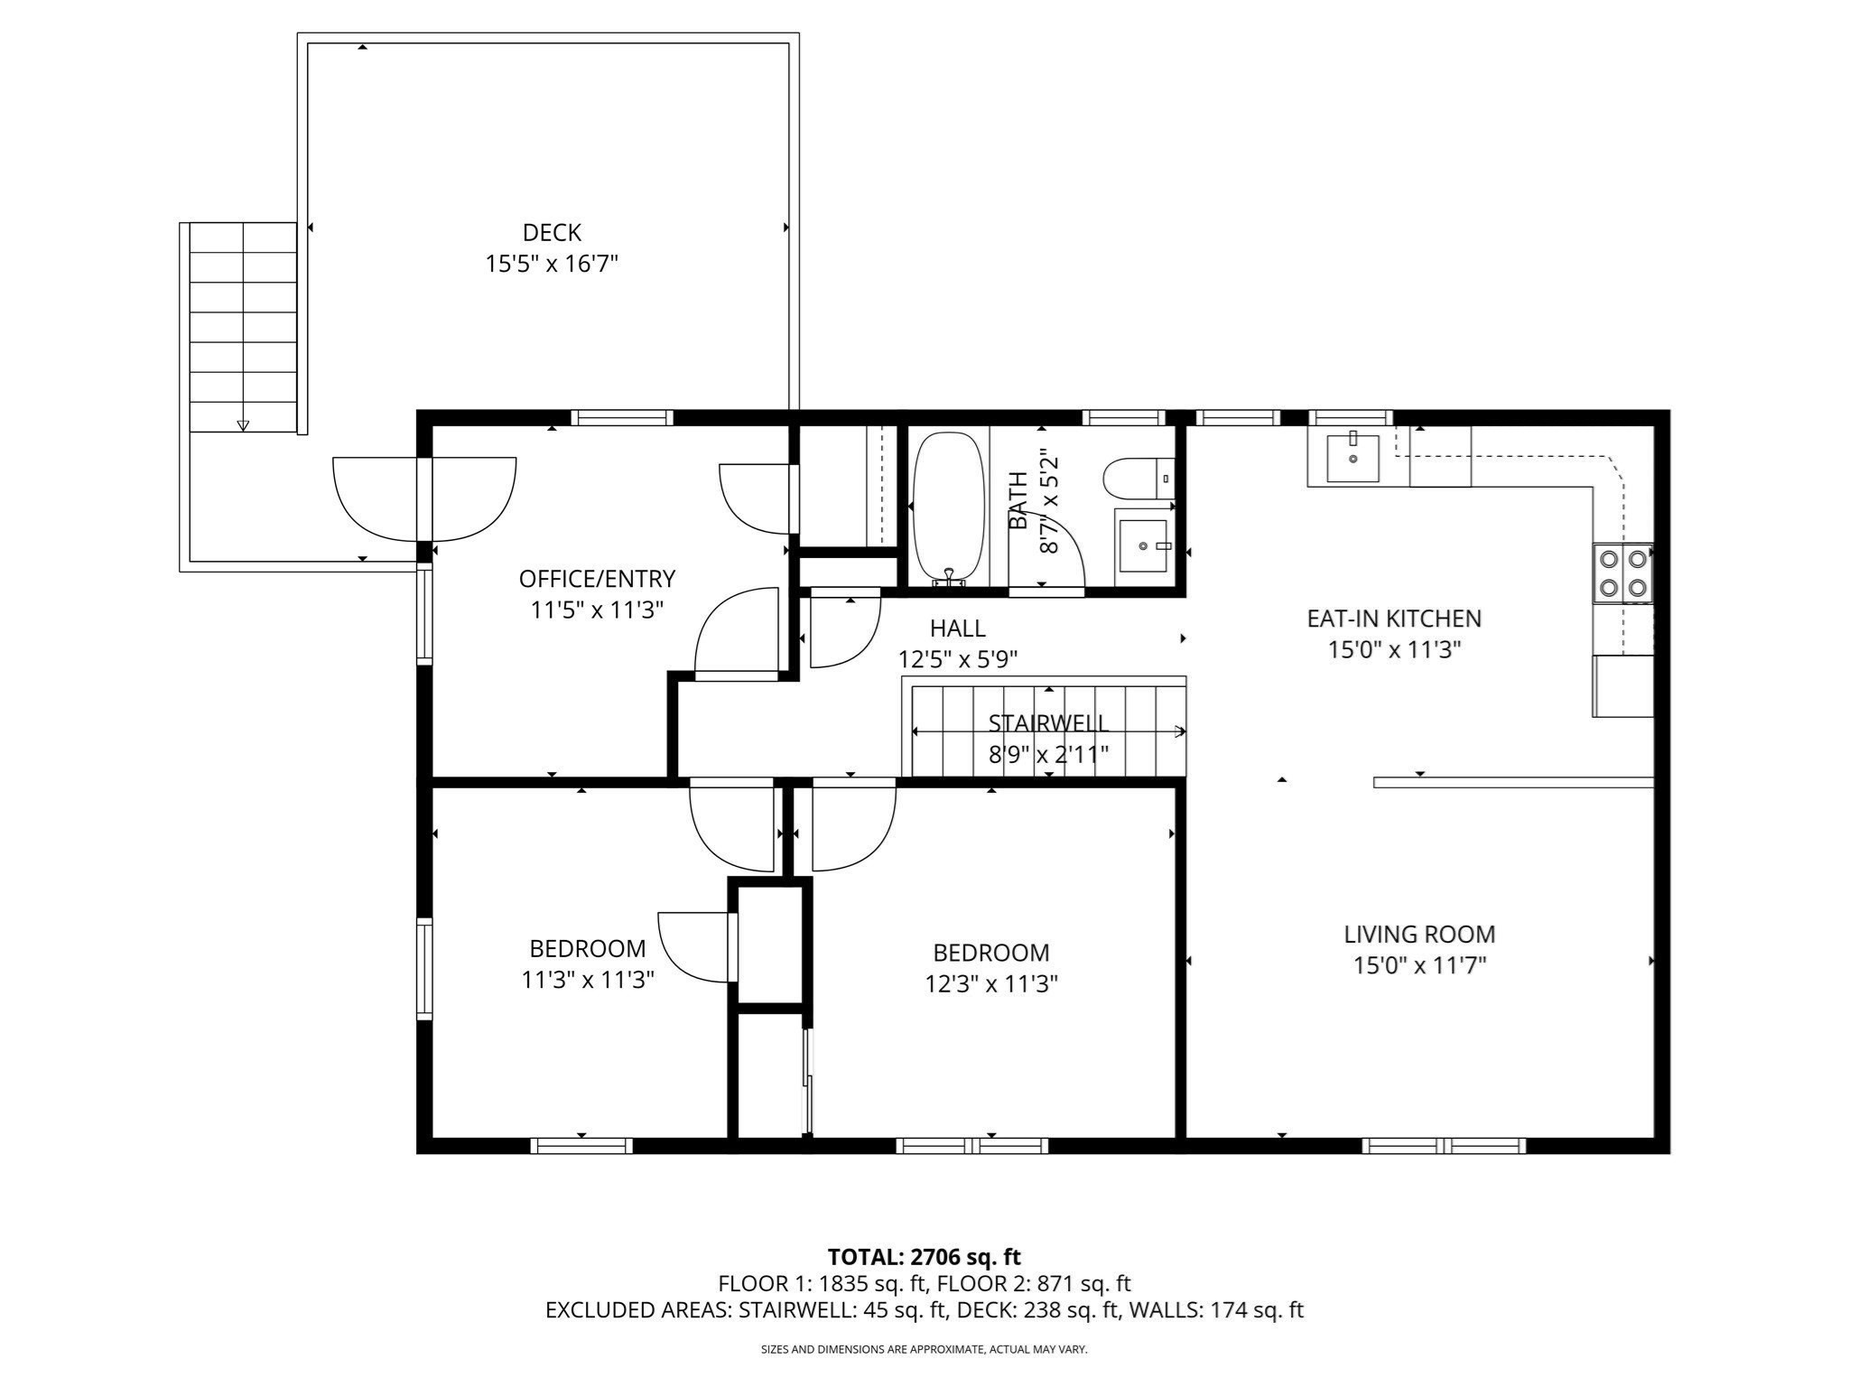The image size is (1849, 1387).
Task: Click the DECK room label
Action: coord(552,233)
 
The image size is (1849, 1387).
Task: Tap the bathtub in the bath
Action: coord(948,508)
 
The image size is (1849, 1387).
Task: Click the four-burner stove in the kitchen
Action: coord(1622,573)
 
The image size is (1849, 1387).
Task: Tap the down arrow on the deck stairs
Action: coord(243,425)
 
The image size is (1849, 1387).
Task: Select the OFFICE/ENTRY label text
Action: coord(597,579)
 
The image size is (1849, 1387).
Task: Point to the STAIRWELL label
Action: coord(1048,723)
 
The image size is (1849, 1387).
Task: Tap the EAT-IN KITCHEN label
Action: coord(1394,619)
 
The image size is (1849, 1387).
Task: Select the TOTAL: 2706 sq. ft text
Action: coord(924,1256)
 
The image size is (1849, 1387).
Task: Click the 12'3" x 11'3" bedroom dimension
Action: coord(991,984)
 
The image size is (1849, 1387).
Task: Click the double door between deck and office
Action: coord(424,498)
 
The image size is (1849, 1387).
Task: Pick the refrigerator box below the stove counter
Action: coord(1622,686)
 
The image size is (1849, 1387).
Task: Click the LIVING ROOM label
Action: coord(1419,935)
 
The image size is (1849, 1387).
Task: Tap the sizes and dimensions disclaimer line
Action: coord(924,1350)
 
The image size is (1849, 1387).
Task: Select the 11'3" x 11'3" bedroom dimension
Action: coord(588,981)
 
